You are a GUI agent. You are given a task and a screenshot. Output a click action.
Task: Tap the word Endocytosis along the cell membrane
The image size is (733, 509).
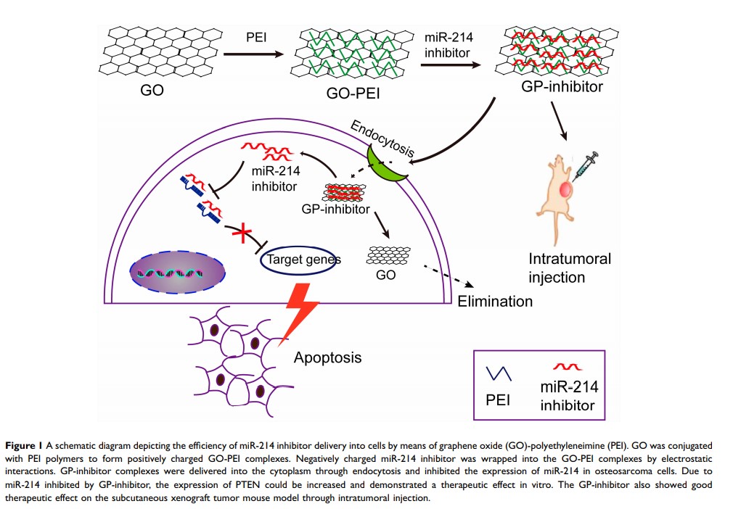pos(383,138)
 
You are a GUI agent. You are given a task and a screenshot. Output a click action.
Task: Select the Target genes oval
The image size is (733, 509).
pos(300,259)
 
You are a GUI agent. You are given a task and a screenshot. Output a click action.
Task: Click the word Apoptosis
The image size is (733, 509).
pos(327,357)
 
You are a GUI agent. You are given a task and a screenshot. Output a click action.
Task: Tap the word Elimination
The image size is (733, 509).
pos(495,301)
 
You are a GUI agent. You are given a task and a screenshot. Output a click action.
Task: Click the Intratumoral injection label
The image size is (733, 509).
pos(570,268)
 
